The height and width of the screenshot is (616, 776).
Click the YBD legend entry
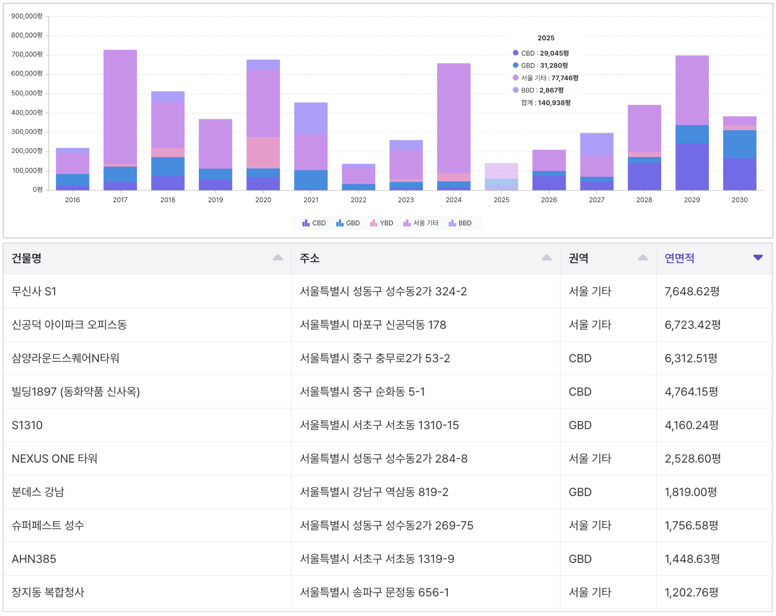click(382, 223)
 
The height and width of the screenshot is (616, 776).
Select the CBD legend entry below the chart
click(314, 223)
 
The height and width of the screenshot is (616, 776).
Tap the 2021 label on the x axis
click(311, 200)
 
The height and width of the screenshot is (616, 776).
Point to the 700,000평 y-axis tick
click(27, 54)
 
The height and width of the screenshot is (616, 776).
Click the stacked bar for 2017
click(120, 120)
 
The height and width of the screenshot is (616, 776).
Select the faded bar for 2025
click(501, 176)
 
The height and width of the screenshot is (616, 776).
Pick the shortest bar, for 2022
click(359, 177)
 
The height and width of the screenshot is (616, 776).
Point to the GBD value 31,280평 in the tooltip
click(554, 66)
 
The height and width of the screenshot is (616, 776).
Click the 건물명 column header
click(27, 259)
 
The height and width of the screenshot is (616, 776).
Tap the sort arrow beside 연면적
click(757, 258)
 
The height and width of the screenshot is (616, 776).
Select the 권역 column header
click(579, 259)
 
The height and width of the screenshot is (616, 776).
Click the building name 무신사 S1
click(34, 291)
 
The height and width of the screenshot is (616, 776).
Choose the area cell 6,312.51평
click(691, 358)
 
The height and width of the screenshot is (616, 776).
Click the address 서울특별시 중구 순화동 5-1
click(362, 392)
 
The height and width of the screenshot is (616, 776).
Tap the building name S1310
click(27, 425)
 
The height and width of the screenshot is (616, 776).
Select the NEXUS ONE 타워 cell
click(54, 459)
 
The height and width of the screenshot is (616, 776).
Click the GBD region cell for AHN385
click(580, 559)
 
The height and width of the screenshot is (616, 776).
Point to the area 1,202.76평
click(692, 592)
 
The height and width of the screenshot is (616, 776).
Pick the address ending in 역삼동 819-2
click(374, 492)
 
